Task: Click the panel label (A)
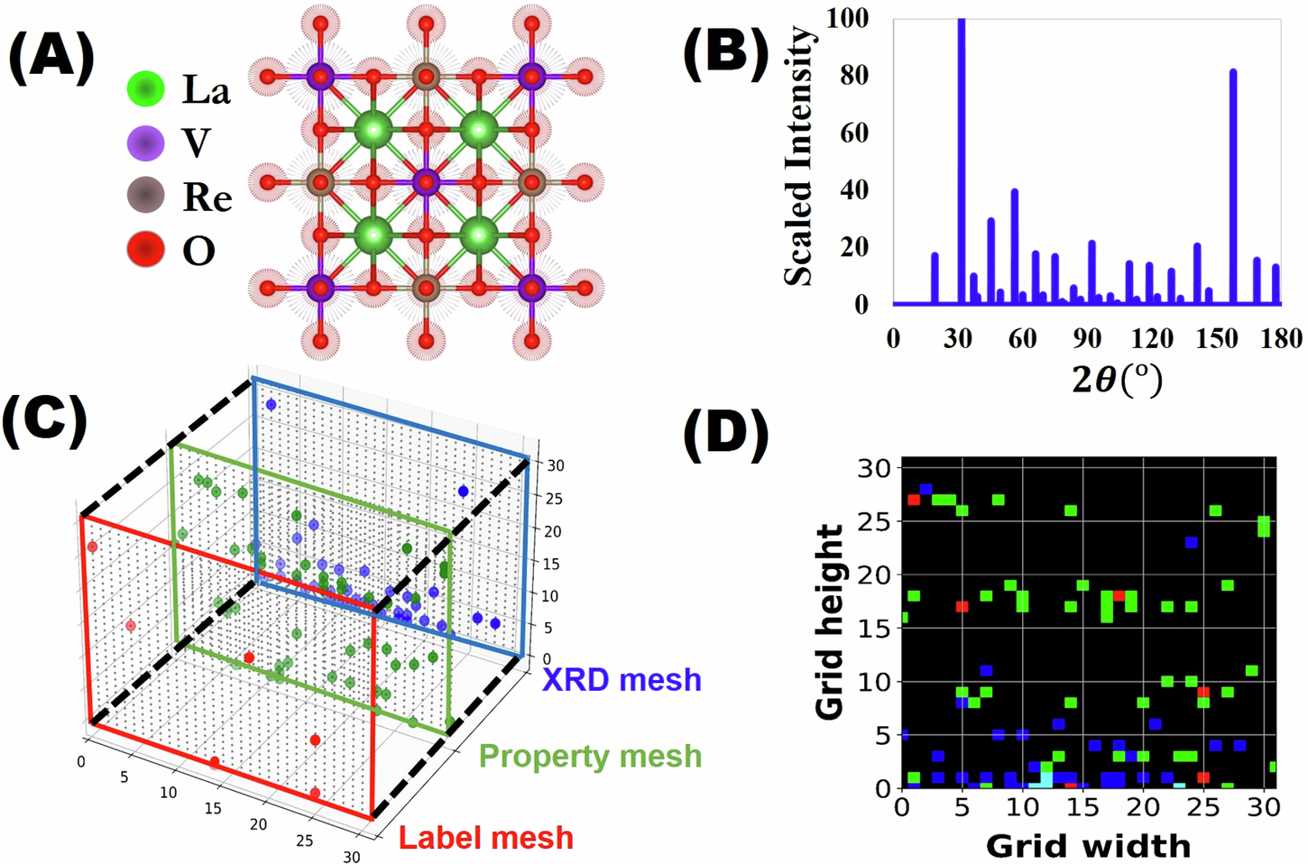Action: (51, 60)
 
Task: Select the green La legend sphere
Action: (145, 89)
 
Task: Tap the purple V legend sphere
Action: (145, 143)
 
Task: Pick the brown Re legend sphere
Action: (145, 196)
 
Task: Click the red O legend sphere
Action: (145, 250)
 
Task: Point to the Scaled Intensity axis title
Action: (797, 158)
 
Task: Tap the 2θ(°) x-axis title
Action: (1117, 379)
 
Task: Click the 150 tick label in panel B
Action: (1219, 338)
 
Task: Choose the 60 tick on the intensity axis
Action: (853, 133)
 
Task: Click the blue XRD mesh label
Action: (622, 679)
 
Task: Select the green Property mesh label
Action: (590, 756)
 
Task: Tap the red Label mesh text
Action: (486, 837)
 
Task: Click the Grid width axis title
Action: (1088, 846)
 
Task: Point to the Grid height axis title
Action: (828, 622)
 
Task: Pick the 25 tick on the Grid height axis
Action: (872, 522)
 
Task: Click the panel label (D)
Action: (727, 433)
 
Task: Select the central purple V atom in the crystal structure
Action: (425, 183)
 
